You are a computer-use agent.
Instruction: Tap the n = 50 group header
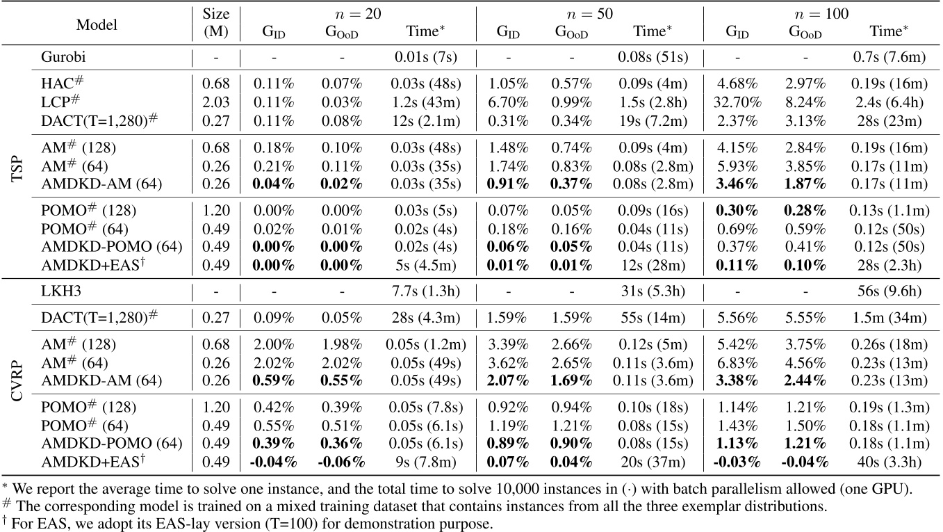point(589,13)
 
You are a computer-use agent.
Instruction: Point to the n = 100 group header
point(818,13)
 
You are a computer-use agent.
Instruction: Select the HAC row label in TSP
point(59,83)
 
